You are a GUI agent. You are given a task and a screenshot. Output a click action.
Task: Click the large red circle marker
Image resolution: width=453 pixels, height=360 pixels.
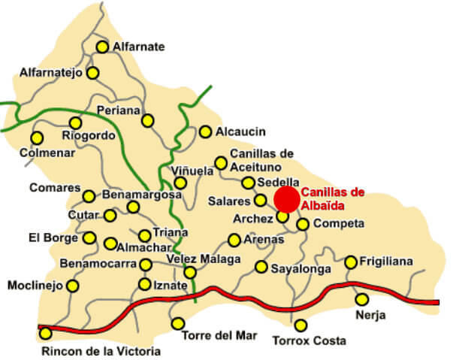285,199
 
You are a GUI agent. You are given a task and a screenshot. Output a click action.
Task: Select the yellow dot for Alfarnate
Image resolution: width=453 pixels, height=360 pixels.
102,47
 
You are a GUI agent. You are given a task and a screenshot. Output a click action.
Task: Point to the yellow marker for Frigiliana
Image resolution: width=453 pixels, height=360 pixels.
351,262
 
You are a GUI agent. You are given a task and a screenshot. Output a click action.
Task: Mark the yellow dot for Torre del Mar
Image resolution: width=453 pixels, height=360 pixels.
178,323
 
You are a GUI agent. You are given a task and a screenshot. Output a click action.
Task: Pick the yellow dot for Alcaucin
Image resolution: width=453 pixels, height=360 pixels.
205,132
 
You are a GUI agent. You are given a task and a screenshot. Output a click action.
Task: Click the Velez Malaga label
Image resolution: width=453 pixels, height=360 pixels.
204,259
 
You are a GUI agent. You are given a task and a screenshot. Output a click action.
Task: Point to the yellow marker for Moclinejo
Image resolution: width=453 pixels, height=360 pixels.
73,286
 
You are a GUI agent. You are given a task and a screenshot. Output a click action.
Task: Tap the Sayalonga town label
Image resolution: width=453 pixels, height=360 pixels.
296,267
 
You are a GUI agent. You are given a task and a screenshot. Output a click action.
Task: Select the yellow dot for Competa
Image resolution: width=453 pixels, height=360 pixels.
303,224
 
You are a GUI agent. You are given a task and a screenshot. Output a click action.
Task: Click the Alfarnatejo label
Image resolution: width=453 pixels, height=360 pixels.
51,73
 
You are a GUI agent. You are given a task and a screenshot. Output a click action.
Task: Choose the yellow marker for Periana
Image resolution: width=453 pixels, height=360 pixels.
148,120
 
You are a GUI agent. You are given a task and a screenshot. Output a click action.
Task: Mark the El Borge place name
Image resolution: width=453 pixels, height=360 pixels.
52,238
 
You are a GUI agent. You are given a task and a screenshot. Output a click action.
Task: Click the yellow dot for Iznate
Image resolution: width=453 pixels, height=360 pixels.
145,284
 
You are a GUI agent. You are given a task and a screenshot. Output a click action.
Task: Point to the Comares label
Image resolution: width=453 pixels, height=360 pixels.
53,187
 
